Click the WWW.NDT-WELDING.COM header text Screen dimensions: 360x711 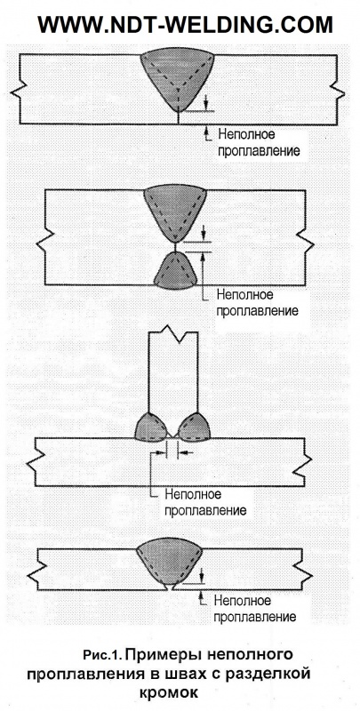185,25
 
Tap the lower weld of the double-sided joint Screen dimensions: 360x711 175,271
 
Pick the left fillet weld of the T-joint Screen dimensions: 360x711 151,427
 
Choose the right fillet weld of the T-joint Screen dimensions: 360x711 194,427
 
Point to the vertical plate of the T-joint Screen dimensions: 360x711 173,371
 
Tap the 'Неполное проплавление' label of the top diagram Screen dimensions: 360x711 259,142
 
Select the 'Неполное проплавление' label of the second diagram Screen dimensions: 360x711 257,303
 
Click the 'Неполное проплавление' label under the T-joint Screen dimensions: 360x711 205,501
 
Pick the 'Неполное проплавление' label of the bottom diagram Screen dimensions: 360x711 255,609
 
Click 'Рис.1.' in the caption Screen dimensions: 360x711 102,655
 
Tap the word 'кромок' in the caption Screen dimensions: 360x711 169,694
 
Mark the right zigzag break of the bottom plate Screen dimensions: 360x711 307,569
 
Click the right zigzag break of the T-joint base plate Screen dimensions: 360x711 305,463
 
